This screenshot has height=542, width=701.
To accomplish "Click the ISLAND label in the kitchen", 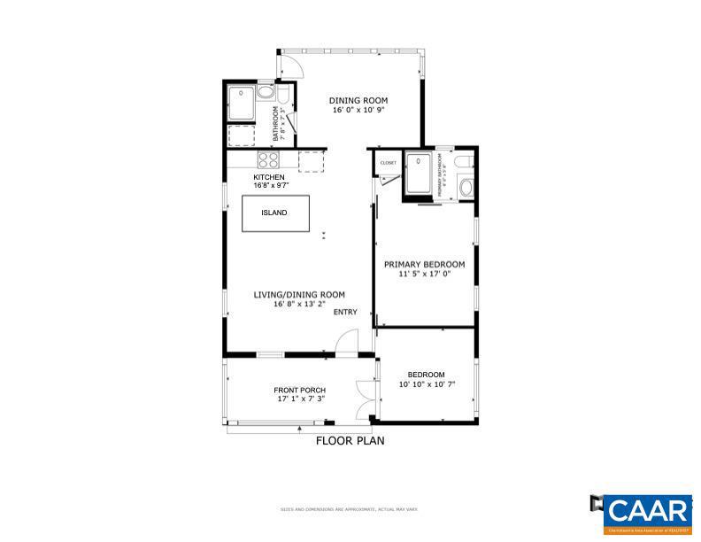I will (x=273, y=213).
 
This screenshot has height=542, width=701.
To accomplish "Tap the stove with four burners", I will (x=269, y=160).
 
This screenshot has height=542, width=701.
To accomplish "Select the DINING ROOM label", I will (x=358, y=100).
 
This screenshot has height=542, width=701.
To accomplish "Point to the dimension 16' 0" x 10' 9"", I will (x=358, y=111).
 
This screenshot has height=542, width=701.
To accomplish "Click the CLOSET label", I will (x=388, y=163).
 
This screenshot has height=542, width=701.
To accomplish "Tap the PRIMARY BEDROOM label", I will (x=424, y=264).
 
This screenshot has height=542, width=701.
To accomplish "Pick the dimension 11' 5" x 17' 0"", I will (x=424, y=275).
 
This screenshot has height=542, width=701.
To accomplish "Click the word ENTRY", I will (x=345, y=312).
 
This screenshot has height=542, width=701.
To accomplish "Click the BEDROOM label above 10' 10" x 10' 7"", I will (x=426, y=374).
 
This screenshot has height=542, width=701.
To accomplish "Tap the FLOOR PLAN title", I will (x=350, y=439).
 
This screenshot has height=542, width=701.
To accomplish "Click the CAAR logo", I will (x=649, y=511).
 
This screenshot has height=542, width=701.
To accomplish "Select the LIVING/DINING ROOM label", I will (x=299, y=295).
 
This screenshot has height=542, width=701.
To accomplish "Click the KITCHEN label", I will (x=269, y=177).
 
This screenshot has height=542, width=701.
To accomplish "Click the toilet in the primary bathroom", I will (x=466, y=188).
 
